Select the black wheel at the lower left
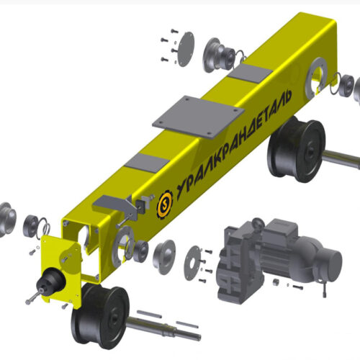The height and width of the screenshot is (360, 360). (100, 315)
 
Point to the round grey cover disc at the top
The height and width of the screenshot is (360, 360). (186, 49)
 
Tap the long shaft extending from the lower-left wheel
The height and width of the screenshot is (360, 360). (164, 329)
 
